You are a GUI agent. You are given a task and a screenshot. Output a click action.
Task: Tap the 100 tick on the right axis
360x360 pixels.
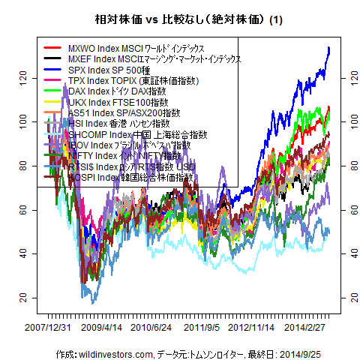tap(346, 121)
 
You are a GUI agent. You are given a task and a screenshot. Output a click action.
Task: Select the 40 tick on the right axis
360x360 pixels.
tap(346, 253)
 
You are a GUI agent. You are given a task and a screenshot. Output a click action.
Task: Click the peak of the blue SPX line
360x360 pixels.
tap(329, 48)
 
